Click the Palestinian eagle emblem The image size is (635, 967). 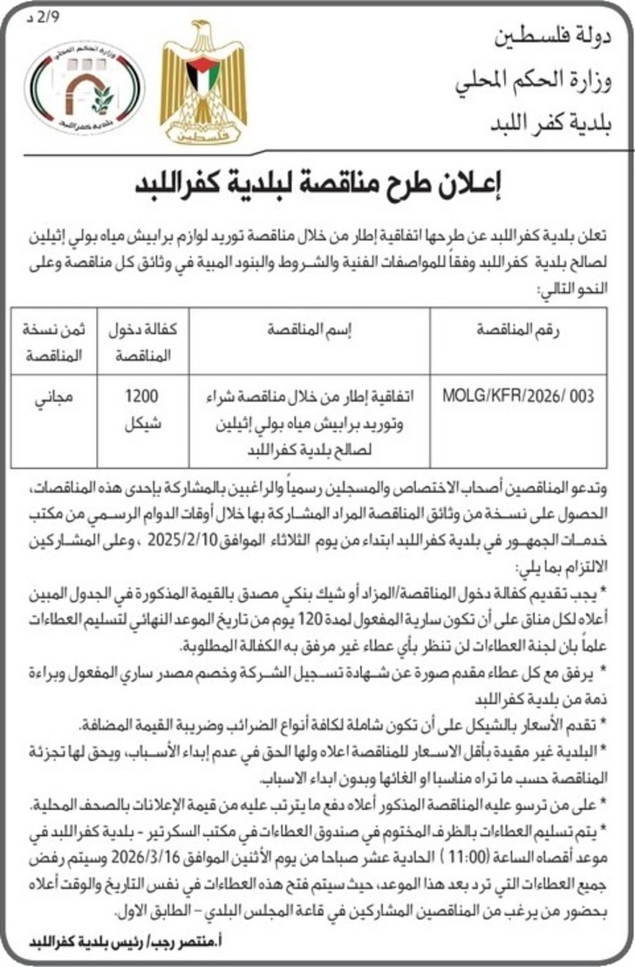[203, 84]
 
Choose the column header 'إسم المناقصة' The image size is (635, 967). [304, 332]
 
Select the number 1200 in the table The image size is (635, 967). [141, 396]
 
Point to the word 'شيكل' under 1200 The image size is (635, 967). [141, 423]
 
